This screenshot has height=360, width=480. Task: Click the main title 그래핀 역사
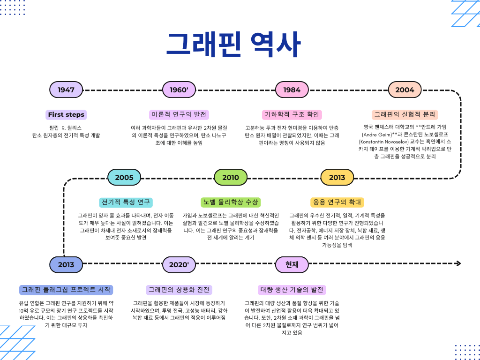(x=233, y=45)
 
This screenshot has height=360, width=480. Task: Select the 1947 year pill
(x=66, y=90)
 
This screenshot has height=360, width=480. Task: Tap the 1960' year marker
(x=179, y=90)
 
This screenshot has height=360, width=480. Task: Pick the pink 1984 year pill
(x=292, y=90)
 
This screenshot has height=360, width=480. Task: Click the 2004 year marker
(x=405, y=90)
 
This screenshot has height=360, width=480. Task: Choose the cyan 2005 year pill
(x=124, y=177)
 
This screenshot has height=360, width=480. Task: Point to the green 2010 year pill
(x=231, y=177)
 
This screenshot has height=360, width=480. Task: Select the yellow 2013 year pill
(x=337, y=177)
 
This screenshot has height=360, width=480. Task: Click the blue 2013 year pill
(x=66, y=264)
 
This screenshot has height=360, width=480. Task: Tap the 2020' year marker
(x=179, y=264)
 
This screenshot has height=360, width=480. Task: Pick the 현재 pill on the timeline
(x=292, y=264)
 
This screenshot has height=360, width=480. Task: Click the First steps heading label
(x=66, y=114)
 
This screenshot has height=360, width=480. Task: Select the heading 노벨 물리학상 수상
(x=230, y=202)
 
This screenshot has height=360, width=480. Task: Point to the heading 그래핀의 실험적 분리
(x=405, y=114)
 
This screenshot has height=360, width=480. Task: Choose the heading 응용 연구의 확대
(x=337, y=202)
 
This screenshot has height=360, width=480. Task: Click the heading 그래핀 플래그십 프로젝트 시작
(x=66, y=290)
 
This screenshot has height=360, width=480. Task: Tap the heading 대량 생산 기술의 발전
(x=292, y=290)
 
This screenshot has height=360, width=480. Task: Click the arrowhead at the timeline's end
(x=458, y=263)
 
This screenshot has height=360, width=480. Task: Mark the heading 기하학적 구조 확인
(x=292, y=114)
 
